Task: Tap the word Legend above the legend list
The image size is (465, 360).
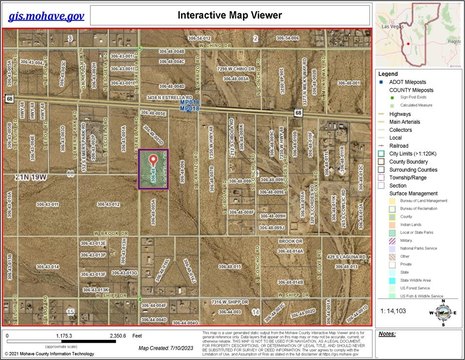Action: pos(389,74)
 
